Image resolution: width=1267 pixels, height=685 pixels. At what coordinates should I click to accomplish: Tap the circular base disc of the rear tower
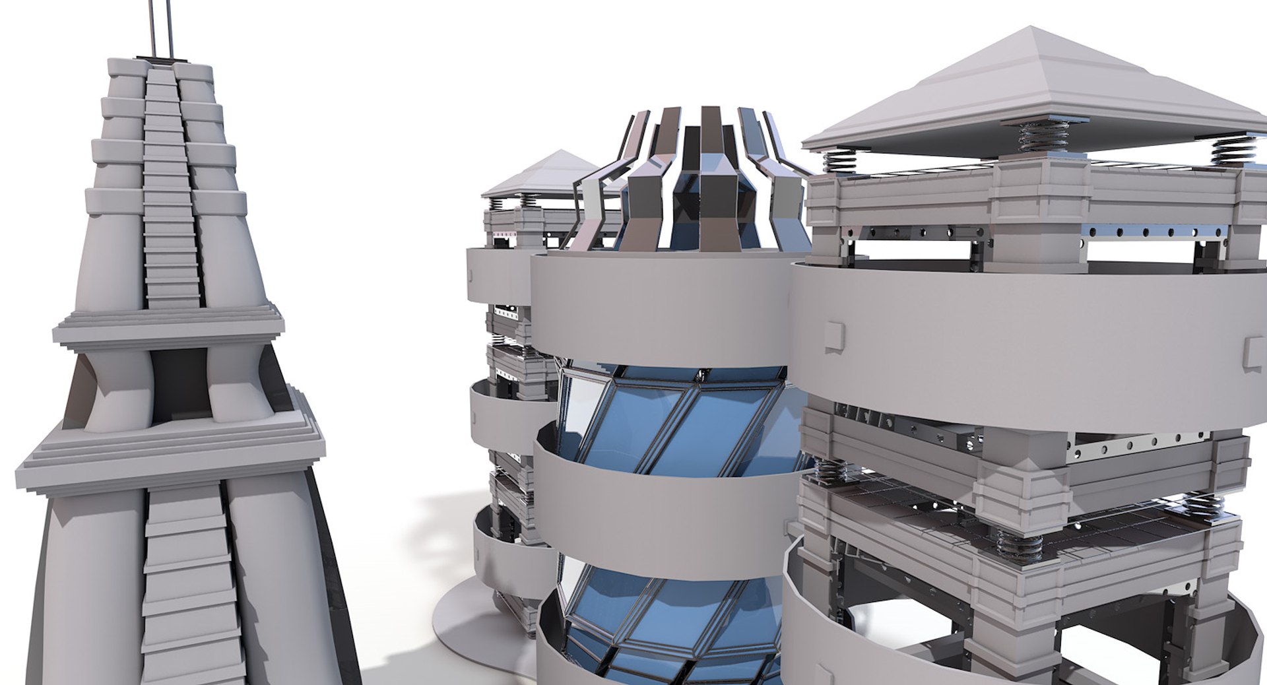[462, 627]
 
